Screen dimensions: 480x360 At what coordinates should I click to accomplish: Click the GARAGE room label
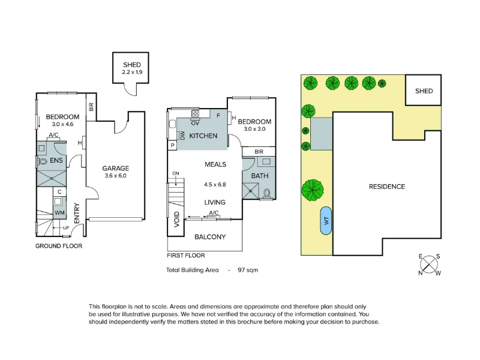tap(115, 168)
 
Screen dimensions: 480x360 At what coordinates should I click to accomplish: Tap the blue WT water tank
tap(326, 220)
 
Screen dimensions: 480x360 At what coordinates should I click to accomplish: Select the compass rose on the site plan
tap(429, 264)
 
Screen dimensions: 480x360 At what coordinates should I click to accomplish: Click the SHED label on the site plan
tap(424, 91)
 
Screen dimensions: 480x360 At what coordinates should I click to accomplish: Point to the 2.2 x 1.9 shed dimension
tap(132, 72)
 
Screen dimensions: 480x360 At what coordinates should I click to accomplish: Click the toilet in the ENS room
tap(42, 161)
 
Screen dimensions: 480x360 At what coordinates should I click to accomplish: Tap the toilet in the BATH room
tap(267, 193)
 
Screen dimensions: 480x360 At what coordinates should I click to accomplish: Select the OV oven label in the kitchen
tap(195, 123)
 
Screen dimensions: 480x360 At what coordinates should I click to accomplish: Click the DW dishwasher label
tap(182, 136)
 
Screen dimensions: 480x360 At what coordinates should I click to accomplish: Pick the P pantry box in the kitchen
tap(172, 145)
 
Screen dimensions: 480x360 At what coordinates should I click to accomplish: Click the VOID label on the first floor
tap(176, 220)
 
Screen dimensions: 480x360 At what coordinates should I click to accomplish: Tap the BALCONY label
tap(210, 237)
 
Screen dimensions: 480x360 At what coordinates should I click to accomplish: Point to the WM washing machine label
tap(59, 212)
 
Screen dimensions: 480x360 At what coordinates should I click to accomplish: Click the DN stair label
tap(175, 173)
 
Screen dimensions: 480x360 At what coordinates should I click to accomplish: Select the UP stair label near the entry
tap(66, 228)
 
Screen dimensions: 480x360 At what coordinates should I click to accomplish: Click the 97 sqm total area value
tap(248, 270)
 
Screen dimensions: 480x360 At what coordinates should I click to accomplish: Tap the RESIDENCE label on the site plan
tap(387, 187)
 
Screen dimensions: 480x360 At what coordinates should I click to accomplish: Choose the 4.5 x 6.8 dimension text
tap(215, 185)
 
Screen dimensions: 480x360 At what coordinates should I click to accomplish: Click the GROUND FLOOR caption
tap(59, 246)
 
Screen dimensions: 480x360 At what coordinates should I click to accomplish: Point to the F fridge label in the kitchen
tap(218, 115)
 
